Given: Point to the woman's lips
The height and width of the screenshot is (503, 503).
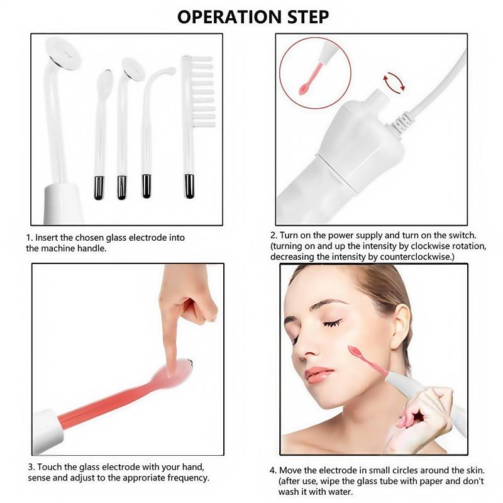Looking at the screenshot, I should [319, 375].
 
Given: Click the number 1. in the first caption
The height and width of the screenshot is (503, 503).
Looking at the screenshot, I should [30, 238].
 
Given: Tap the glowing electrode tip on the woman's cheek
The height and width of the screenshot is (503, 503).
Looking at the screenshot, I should [353, 351].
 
